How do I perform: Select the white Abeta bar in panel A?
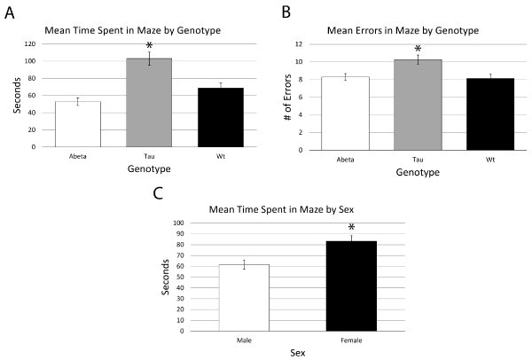pyautogui.click(x=77, y=124)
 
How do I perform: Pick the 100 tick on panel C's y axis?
pyautogui.click(x=178, y=223)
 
